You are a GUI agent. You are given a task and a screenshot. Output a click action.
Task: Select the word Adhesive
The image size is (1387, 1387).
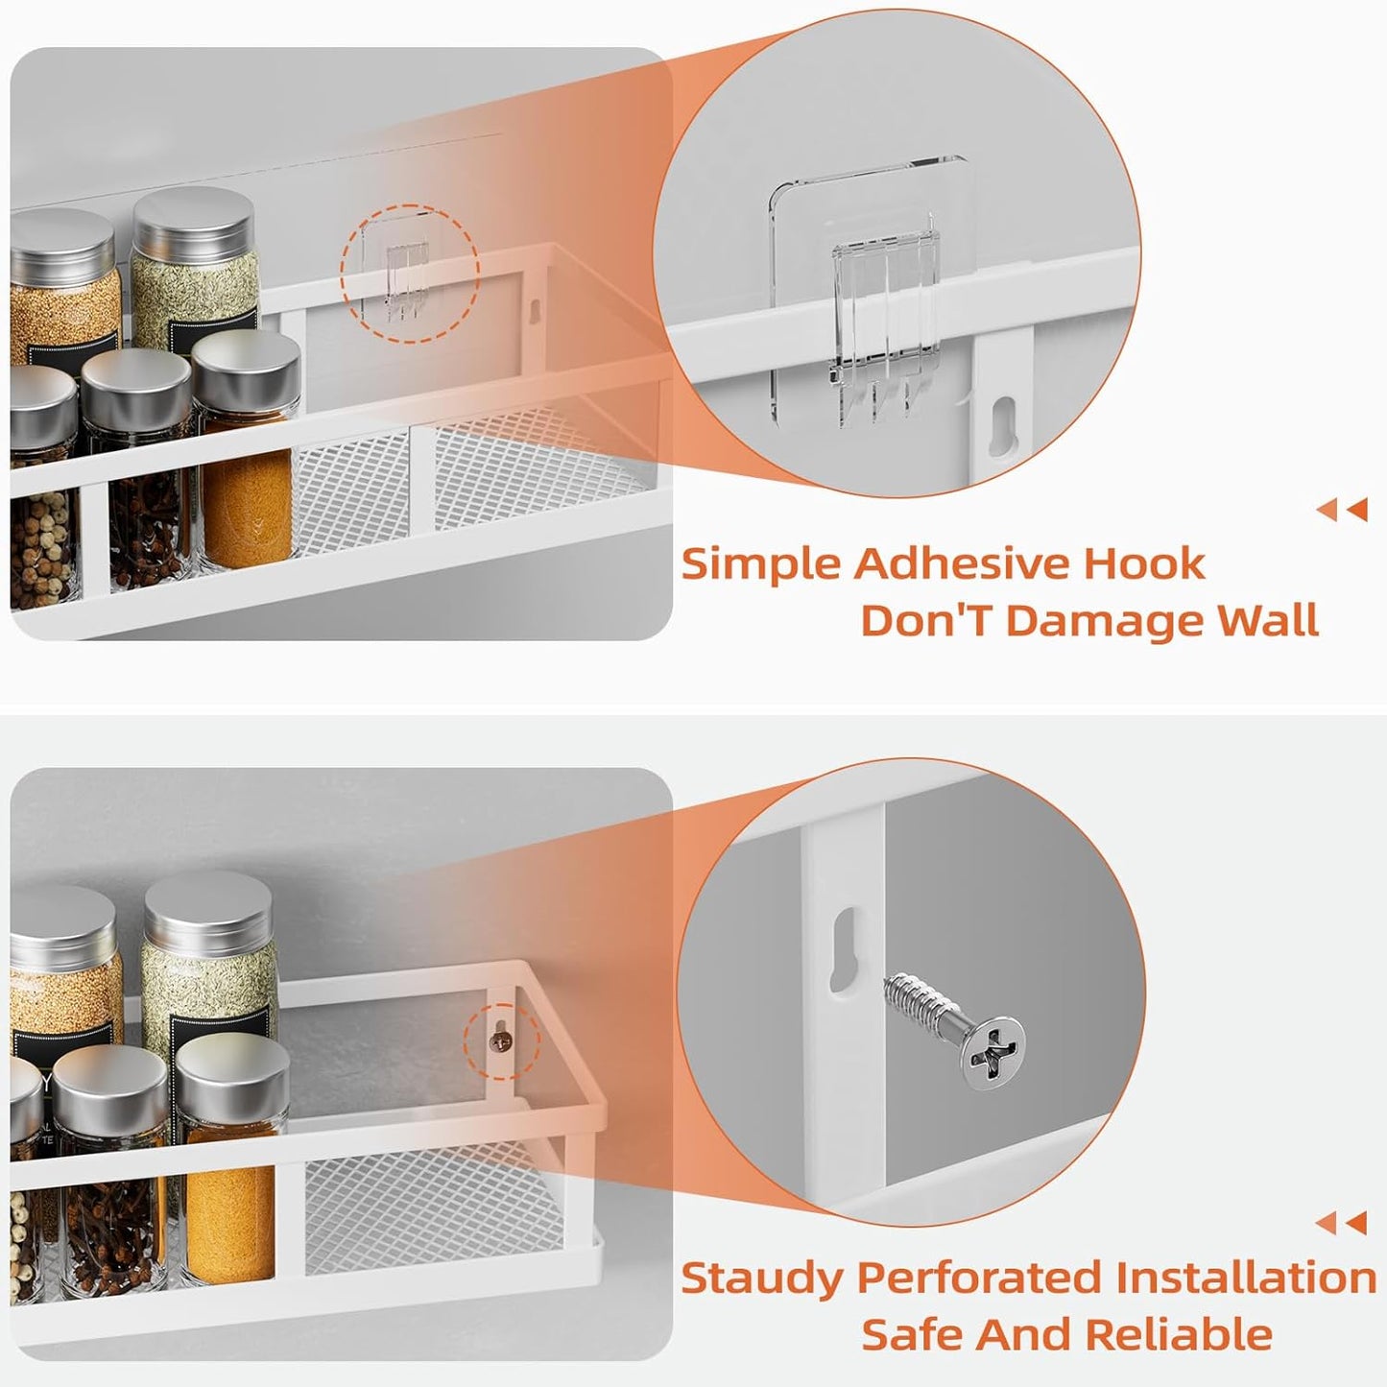click(x=963, y=562)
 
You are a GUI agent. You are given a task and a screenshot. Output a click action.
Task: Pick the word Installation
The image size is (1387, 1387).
click(x=1246, y=1279)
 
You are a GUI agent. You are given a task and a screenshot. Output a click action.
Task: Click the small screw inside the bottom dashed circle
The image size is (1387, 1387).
click(x=500, y=1039)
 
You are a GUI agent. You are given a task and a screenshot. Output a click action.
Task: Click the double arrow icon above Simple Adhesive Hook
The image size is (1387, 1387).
click(x=1342, y=510)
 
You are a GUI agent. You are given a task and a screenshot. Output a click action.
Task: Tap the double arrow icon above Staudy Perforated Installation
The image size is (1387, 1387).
click(x=1342, y=1223)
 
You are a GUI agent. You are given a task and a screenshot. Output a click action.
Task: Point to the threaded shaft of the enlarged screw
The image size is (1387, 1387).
click(x=921, y=1004)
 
